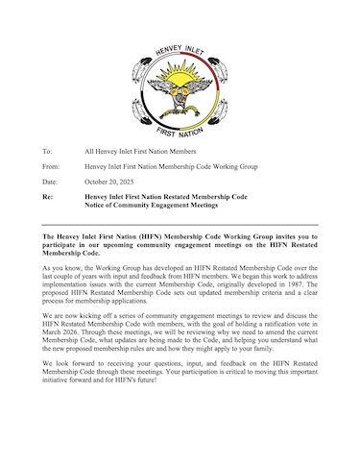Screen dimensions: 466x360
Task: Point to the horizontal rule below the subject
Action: (x=180, y=224)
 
